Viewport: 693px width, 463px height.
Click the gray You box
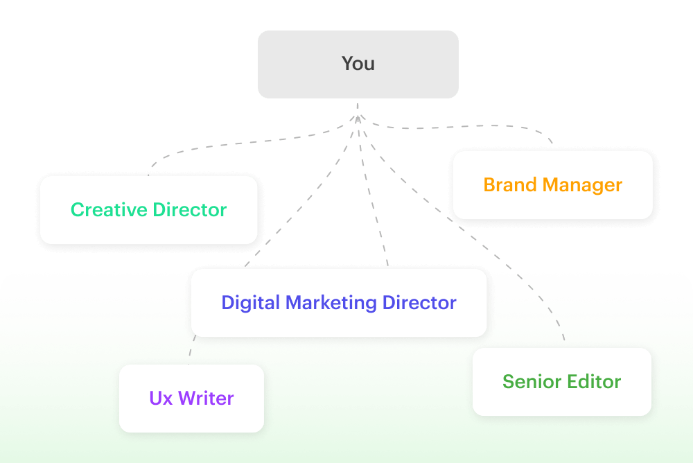[358, 64]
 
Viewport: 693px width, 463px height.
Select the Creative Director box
[148, 209]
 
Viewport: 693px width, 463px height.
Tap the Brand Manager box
[552, 185]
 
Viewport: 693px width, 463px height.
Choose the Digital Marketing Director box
[339, 303]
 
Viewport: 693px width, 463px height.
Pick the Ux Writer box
[191, 398]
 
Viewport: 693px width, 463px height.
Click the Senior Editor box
[561, 381]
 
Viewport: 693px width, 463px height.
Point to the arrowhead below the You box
[358, 119]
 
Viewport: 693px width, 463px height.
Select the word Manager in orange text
[582, 185]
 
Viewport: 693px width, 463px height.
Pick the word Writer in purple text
[206, 398]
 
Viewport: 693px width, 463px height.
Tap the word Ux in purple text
[161, 398]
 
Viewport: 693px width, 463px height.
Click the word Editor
[593, 381]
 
